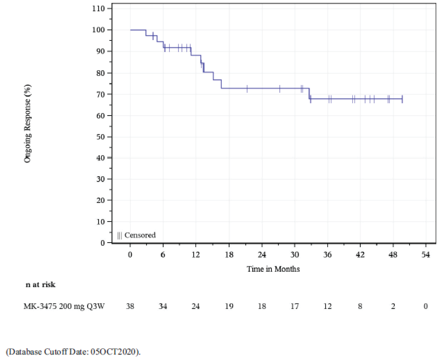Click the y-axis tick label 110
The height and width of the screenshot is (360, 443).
(98, 9)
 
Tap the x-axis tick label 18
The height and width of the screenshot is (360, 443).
(229, 255)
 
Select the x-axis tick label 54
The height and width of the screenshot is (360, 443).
(426, 255)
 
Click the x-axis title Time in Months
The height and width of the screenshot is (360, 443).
(273, 269)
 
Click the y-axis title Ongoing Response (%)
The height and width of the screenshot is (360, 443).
(28, 124)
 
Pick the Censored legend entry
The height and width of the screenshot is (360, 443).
(136, 235)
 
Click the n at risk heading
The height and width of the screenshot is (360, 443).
(40, 285)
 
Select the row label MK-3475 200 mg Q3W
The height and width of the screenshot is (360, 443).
(64, 306)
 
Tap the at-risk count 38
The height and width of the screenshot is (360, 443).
(130, 306)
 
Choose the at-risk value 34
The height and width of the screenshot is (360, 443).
(163, 306)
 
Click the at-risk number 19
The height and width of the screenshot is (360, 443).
(229, 306)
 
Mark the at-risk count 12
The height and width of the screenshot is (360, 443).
(327, 306)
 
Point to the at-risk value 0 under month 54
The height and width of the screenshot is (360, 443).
(426, 306)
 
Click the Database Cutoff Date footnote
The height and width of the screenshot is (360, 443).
(73, 352)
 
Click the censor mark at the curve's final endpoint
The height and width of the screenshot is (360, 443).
(402, 99)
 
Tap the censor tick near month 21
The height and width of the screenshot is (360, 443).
(247, 89)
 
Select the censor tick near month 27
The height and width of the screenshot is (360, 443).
(280, 89)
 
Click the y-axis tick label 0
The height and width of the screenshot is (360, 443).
(102, 243)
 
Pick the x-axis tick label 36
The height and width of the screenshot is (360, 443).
(327, 255)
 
